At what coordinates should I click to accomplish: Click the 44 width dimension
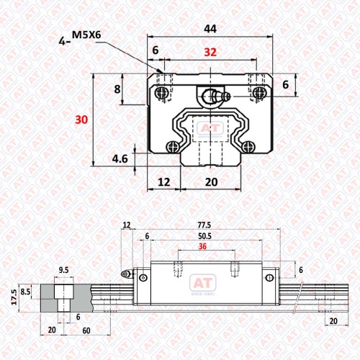[210, 29]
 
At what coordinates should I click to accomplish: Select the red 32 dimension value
[210, 52]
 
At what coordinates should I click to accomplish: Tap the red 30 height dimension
[81, 120]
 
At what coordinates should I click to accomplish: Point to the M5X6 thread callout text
[86, 35]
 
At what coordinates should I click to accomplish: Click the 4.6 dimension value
[120, 159]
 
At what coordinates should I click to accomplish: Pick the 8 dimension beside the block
[117, 89]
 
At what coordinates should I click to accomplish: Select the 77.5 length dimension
[204, 225]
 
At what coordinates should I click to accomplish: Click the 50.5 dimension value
[204, 236]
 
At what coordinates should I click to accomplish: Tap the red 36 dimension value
[202, 246]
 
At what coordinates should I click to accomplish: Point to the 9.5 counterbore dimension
[63, 270]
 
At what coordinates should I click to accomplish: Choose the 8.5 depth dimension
[25, 292]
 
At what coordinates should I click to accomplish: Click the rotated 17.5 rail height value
[14, 297]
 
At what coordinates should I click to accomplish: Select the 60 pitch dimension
[86, 330]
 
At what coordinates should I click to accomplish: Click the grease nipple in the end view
[216, 96]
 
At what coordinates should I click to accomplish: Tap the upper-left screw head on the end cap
[161, 93]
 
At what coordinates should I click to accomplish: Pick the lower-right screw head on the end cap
[248, 147]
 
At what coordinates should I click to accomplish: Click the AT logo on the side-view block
[203, 284]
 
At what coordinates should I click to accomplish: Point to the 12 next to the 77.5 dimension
[127, 225]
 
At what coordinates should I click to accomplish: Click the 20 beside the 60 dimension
[52, 330]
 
